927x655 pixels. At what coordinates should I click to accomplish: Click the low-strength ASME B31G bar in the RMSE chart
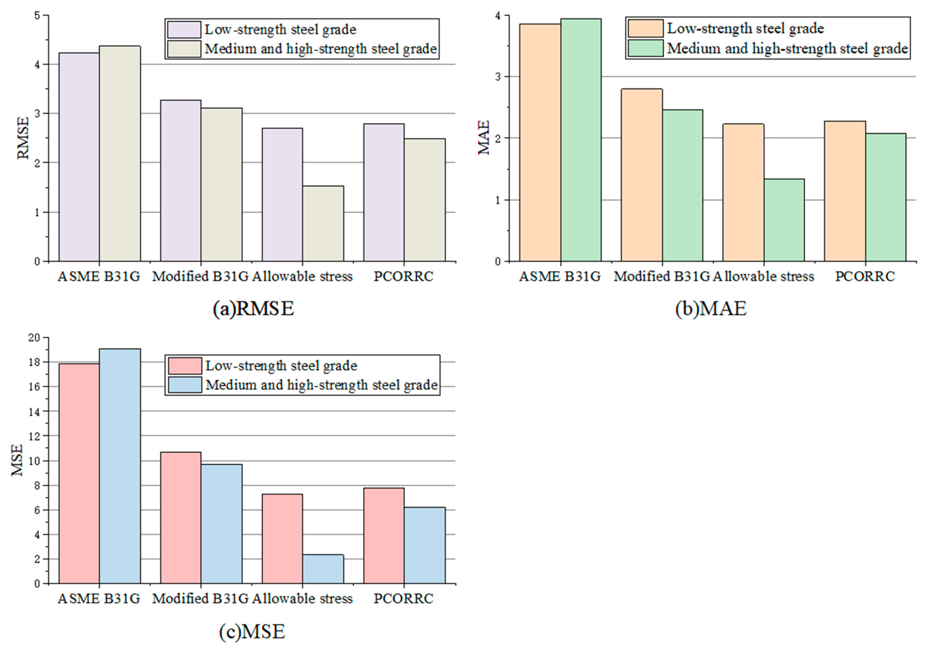coord(79,157)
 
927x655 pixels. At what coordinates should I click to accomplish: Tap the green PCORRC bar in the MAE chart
coord(886,198)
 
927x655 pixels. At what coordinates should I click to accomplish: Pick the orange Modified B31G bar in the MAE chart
coord(642,175)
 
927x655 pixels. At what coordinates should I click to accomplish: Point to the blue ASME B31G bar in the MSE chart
coord(120,466)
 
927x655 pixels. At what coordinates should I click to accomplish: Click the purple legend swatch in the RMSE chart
coord(184,30)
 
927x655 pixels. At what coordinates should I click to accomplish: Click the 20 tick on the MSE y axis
coord(35,338)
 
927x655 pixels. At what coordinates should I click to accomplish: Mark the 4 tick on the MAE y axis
coord(497,16)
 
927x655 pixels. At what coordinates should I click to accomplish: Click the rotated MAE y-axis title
coord(484,138)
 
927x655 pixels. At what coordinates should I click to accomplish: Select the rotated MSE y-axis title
coord(17,460)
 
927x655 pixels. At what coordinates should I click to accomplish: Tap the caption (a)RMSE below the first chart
coord(253,308)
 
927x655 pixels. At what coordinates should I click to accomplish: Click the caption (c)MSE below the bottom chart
coord(252,632)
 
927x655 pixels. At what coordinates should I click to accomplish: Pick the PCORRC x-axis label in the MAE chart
coord(865,277)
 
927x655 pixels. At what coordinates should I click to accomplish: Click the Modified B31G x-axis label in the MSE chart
coord(200,599)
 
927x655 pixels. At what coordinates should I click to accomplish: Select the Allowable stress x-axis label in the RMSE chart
coord(302,277)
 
